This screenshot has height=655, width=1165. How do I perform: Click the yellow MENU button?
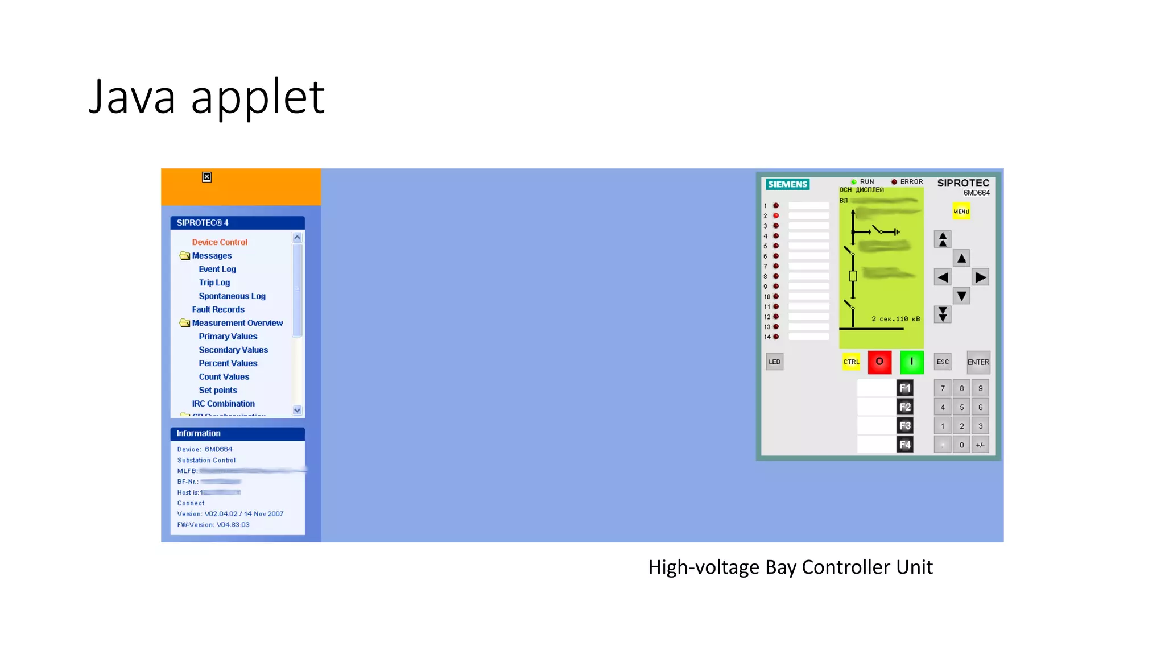961,212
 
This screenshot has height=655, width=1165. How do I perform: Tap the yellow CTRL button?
851,362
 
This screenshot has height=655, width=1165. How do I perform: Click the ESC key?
943,362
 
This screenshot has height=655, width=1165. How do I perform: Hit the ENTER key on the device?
978,362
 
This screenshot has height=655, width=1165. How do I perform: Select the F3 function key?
904,426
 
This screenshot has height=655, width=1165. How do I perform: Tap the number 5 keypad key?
961,407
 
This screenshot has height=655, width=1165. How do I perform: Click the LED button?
774,362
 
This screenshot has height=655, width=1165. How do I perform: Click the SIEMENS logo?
787,184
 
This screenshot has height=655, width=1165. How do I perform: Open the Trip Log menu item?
214,283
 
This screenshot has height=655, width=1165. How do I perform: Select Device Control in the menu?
220,242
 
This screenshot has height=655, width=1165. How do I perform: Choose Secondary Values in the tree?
233,350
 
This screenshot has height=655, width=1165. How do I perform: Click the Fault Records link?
218,309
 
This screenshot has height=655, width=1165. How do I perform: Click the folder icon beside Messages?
184,256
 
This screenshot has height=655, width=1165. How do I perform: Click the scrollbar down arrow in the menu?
297,410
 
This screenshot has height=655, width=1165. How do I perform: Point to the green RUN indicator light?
853,182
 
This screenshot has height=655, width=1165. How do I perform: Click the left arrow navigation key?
943,277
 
